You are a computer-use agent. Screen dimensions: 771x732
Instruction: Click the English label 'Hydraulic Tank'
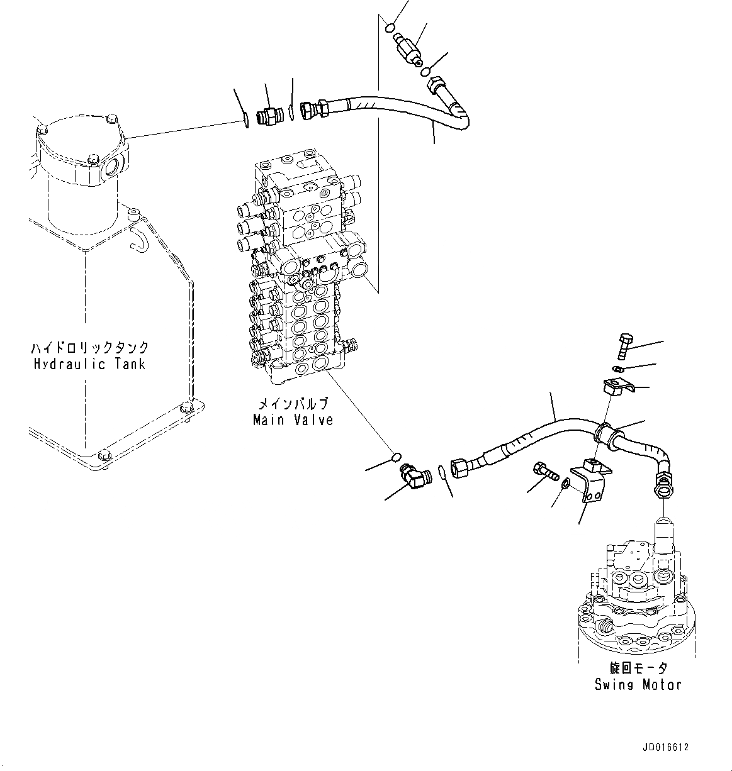tap(89, 364)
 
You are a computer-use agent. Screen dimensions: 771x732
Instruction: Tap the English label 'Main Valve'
tap(293, 419)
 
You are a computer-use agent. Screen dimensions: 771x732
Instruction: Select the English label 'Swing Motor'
tap(638, 684)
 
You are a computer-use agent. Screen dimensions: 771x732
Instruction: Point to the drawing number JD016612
tap(666, 748)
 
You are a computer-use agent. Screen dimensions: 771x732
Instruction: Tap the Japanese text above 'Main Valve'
tap(293, 404)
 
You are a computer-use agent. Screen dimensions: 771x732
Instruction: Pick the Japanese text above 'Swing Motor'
tap(638, 668)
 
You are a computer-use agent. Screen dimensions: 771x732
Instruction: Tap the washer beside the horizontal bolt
tap(565, 483)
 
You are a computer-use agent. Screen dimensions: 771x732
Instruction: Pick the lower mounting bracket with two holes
tap(590, 483)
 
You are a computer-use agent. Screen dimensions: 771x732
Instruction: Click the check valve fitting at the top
tap(408, 48)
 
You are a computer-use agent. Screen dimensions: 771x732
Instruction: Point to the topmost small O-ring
tap(390, 28)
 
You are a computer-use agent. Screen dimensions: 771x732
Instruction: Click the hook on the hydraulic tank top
tap(137, 237)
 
